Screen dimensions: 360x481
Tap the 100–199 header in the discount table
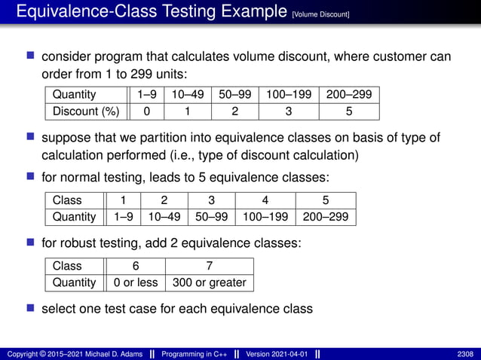(x=288, y=95)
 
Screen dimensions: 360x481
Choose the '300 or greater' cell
(x=210, y=282)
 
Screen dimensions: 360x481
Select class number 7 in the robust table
(x=210, y=266)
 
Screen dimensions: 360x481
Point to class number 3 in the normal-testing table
(x=211, y=200)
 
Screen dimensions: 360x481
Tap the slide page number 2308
(x=465, y=354)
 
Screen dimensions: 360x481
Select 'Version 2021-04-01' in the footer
(x=276, y=354)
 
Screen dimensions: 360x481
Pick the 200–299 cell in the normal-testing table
(x=326, y=217)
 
